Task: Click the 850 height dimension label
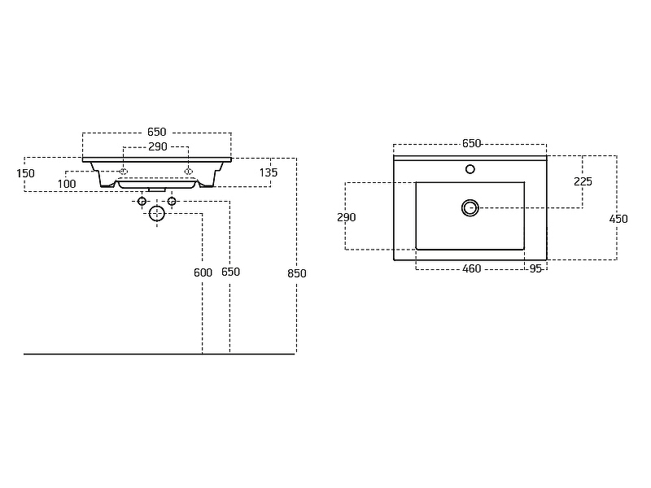point(297,273)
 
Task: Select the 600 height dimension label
point(203,272)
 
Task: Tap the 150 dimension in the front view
point(25,173)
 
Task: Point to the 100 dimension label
point(67,184)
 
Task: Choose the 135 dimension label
point(269,172)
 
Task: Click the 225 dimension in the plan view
point(583,181)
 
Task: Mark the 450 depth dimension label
point(618,219)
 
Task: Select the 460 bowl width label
point(472,269)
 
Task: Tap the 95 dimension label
point(535,269)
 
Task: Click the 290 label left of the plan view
point(347,217)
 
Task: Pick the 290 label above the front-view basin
point(158,147)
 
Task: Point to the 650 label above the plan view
point(472,144)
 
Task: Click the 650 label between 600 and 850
point(230,272)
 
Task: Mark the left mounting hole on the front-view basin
point(124,172)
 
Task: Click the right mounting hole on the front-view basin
point(189,172)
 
